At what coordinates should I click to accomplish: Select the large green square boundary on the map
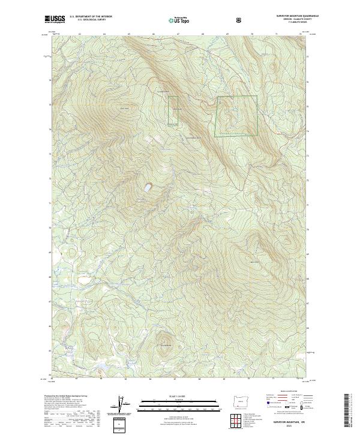236,115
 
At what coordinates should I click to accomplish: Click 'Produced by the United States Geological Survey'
62,397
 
